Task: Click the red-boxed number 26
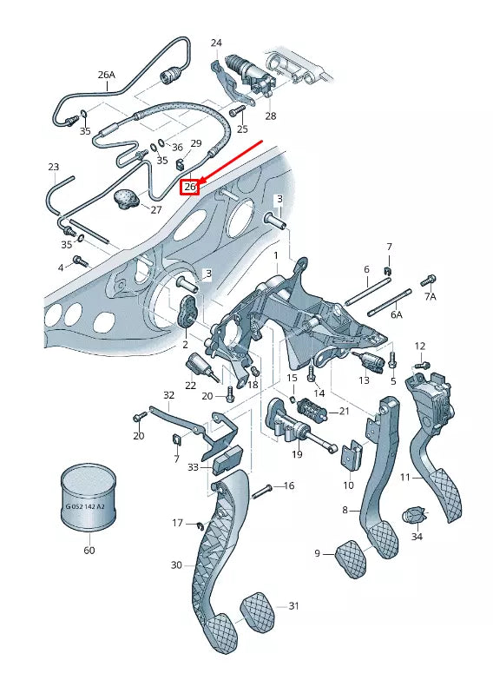pyautogui.click(x=190, y=186)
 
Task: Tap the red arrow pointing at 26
pyautogui.click(x=230, y=162)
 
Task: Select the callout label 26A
pyautogui.click(x=107, y=75)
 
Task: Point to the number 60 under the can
pyautogui.click(x=89, y=550)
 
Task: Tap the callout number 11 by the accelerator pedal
pyautogui.click(x=405, y=478)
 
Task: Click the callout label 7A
pyautogui.click(x=431, y=298)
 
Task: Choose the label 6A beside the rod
pyautogui.click(x=396, y=314)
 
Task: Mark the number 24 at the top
pyautogui.click(x=216, y=43)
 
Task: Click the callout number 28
pyautogui.click(x=271, y=116)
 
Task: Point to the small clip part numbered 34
pyautogui.click(x=414, y=519)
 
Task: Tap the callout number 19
pyautogui.click(x=297, y=453)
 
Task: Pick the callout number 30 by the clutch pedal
pyautogui.click(x=176, y=565)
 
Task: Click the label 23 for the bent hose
pyautogui.click(x=53, y=166)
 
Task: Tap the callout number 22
pyautogui.click(x=190, y=385)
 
